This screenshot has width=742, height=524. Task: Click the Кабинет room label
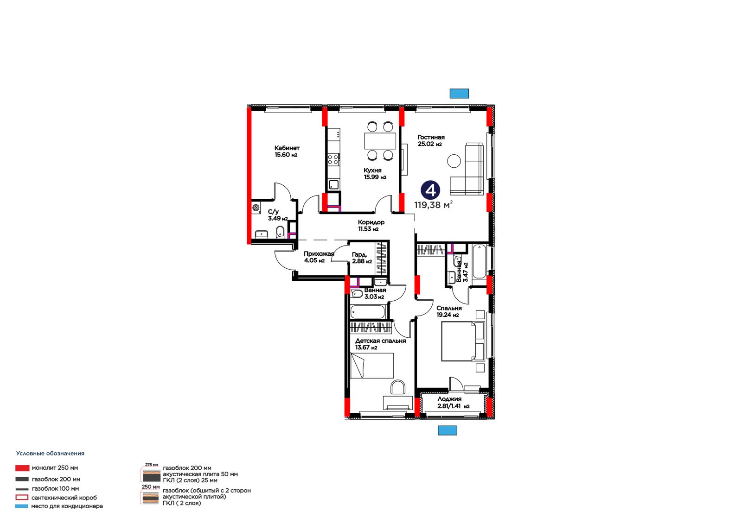pyautogui.click(x=287, y=148)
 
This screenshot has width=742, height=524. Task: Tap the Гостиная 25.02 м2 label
pyautogui.click(x=431, y=140)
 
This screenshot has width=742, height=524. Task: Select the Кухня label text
pyautogui.click(x=372, y=170)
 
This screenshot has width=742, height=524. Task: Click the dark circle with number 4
pyautogui.click(x=430, y=190)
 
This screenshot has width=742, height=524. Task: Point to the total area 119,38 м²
pyautogui.click(x=433, y=205)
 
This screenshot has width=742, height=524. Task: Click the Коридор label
pyautogui.click(x=371, y=222)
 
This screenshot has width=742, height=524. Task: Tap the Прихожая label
pyautogui.click(x=319, y=254)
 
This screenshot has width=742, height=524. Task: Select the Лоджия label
pyautogui.click(x=449, y=399)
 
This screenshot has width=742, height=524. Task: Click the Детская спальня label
pyautogui.click(x=380, y=341)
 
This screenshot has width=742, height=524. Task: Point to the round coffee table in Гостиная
pyautogui.click(x=454, y=161)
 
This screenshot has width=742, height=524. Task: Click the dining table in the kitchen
pyautogui.click(x=380, y=141)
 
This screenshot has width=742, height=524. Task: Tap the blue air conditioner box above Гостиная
pyautogui.click(x=459, y=94)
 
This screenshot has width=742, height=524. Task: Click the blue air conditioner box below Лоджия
pyautogui.click(x=448, y=430)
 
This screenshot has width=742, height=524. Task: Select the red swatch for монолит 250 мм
pyautogui.click(x=22, y=468)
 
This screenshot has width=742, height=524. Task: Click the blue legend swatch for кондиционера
pyautogui.click(x=21, y=506)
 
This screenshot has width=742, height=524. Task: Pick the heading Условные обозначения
pyautogui.click(x=50, y=454)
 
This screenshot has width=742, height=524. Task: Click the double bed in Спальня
pyautogui.click(x=463, y=341)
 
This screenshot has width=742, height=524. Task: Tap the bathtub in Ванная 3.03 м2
pyautogui.click(x=368, y=312)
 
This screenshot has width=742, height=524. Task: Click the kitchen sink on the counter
pyautogui.click(x=333, y=184)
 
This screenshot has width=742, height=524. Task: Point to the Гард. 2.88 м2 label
pyautogui.click(x=362, y=258)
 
